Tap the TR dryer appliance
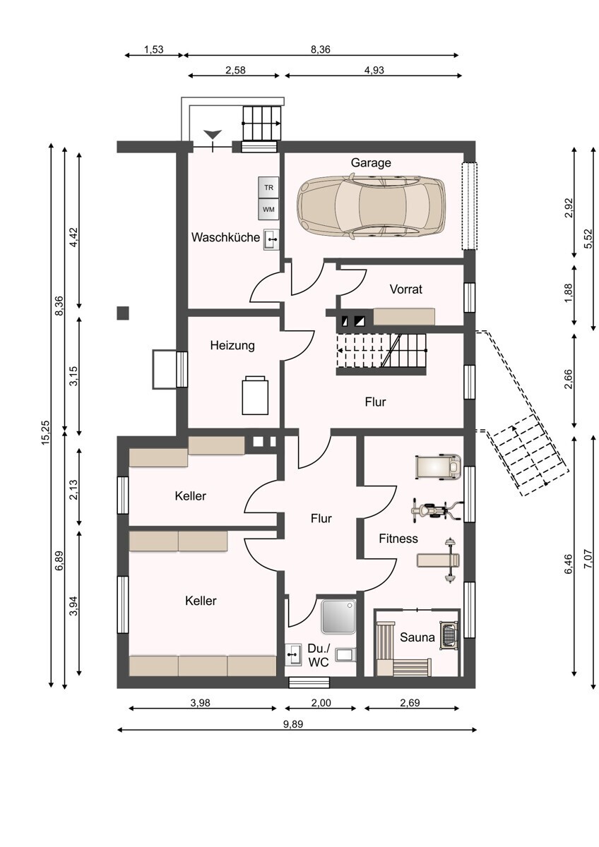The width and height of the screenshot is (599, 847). (x=268, y=187)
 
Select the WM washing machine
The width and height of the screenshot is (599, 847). (x=268, y=209)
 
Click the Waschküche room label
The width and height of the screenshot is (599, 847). (x=225, y=237)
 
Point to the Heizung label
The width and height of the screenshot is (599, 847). (x=232, y=346)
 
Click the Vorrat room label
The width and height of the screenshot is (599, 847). (x=405, y=289)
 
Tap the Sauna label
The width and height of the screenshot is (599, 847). (x=417, y=637)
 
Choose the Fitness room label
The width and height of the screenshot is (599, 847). (x=398, y=539)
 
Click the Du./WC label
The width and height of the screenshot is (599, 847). (x=319, y=656)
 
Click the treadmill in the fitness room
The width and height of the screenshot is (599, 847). (x=438, y=467)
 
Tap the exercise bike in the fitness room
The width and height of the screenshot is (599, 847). (x=437, y=511)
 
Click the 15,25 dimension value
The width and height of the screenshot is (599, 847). (x=46, y=433)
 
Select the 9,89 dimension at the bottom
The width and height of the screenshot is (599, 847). (x=293, y=724)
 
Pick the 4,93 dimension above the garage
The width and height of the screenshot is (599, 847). (x=374, y=70)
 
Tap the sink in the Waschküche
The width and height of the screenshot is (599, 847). (x=271, y=239)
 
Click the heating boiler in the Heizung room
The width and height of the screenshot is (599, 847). (x=255, y=395)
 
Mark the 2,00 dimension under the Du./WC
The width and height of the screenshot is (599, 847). (x=321, y=703)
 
